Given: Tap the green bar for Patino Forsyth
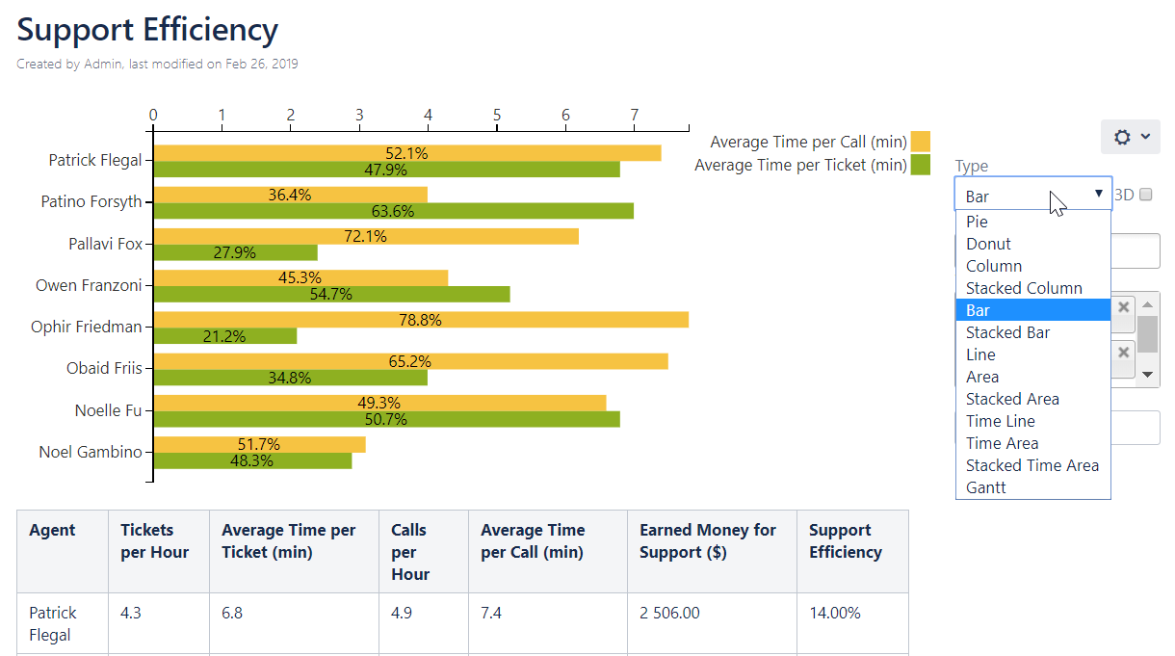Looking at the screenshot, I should pyautogui.click(x=482, y=211).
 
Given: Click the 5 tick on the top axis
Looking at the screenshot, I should pyautogui.click(x=497, y=116).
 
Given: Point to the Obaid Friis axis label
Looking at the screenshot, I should pyautogui.click(x=104, y=368).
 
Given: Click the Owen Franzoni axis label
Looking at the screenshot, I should pyautogui.click(x=89, y=285).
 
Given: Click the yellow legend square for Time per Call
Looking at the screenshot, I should pyautogui.click(x=920, y=142).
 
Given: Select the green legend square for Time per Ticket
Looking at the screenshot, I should pyautogui.click(x=920, y=165).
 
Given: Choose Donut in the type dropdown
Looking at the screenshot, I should pyautogui.click(x=988, y=244).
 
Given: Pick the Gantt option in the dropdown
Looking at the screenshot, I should pyautogui.click(x=985, y=487).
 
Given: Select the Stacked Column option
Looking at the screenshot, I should pyautogui.click(x=1024, y=288).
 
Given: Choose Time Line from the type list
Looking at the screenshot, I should pyautogui.click(x=1000, y=421).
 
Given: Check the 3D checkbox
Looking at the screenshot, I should pyautogui.click(x=1145, y=195).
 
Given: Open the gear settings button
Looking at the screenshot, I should pyautogui.click(x=1130, y=137).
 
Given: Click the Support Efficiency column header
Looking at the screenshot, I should pyautogui.click(x=845, y=541).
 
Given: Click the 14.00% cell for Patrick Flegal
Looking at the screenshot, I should pyautogui.click(x=834, y=613).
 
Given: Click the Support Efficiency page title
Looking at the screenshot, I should pyautogui.click(x=147, y=30).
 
